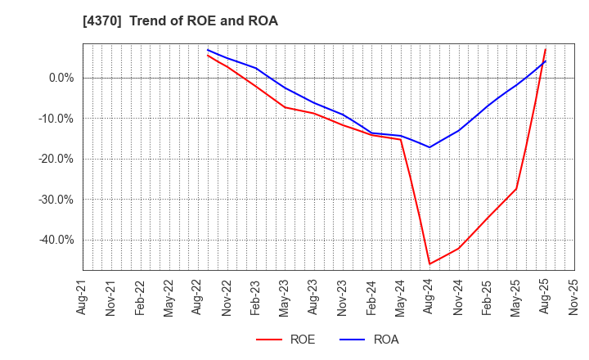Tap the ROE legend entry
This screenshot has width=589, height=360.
click(x=286, y=340)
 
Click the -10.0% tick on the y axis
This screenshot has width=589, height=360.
click(x=56, y=119)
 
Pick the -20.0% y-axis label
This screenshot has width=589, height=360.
click(x=56, y=159)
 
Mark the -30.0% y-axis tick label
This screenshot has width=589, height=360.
click(x=56, y=200)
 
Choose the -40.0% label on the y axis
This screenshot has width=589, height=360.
click(x=56, y=240)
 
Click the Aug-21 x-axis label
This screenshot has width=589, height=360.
click(x=83, y=297)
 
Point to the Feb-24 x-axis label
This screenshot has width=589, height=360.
click(x=372, y=297)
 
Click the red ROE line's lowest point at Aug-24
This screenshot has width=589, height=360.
click(x=429, y=263)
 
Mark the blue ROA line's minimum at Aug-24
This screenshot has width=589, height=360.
click(x=429, y=147)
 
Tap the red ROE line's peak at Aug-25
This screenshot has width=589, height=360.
click(x=546, y=49)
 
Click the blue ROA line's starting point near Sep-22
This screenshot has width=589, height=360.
click(x=208, y=50)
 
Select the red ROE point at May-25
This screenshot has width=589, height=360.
click(x=516, y=189)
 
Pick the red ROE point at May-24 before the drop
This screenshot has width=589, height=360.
click(x=401, y=139)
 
